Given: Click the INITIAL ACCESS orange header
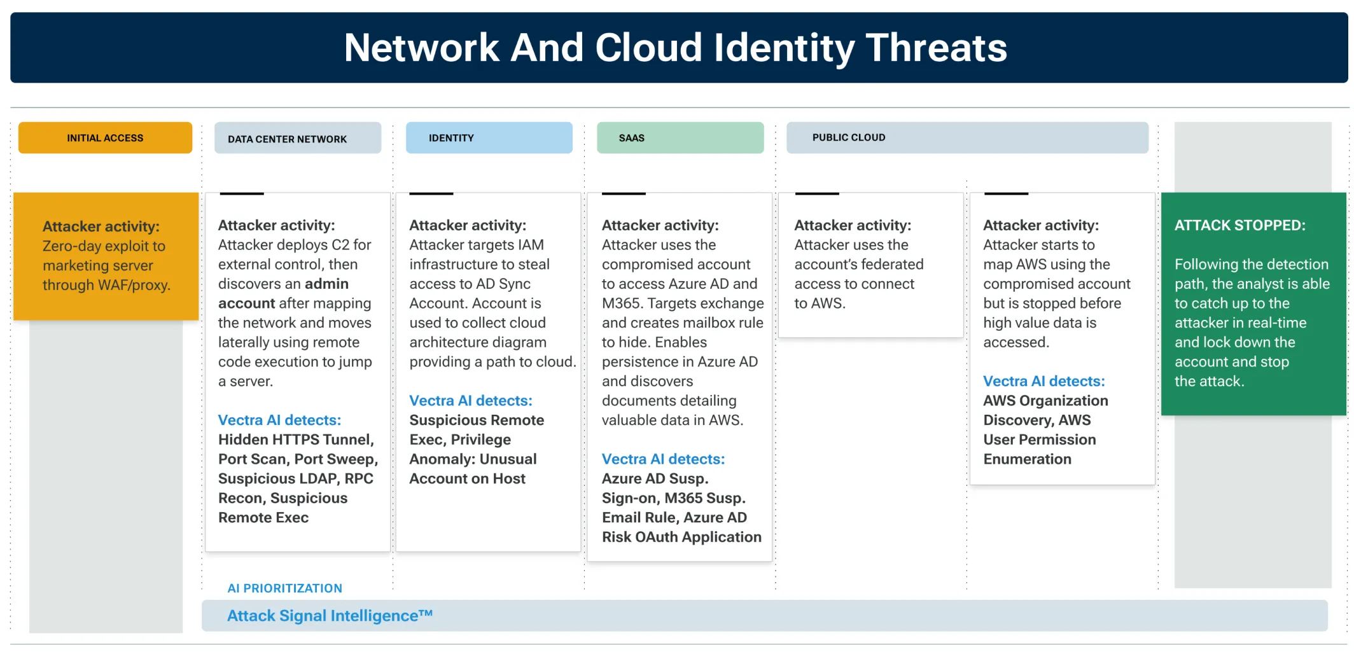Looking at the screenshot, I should (105, 138).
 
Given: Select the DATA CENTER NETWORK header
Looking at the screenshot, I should (287, 139).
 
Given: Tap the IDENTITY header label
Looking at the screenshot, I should (451, 138).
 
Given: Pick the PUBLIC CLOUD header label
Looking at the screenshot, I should (848, 137).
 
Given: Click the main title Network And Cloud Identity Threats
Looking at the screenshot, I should (675, 48).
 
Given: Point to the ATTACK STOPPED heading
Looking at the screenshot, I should (1239, 225).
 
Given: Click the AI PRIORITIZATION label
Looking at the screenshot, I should (284, 588).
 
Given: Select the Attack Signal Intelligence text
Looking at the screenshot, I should (330, 616).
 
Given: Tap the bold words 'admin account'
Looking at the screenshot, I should (283, 293).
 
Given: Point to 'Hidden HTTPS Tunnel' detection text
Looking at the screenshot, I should (295, 440).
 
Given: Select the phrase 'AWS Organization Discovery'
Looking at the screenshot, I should (1045, 410).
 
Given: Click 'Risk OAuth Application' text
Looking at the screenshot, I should (681, 538).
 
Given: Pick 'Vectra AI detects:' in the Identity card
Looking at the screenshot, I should (470, 401).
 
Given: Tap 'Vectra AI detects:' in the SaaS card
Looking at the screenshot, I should (663, 459).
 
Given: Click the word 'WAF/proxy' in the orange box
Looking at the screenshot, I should (139, 285).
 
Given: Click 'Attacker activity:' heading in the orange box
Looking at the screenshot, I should (101, 226).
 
